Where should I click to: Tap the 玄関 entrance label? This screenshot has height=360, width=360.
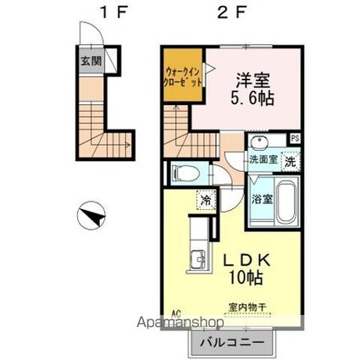point(91,61)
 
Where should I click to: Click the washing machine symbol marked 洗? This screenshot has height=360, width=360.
point(290,161)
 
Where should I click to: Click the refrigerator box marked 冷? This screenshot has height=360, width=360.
point(206,201)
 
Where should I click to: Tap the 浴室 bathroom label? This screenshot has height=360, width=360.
point(261,200)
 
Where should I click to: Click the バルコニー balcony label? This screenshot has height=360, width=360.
point(231,343)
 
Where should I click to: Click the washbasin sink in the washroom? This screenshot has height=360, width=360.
point(260,142)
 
